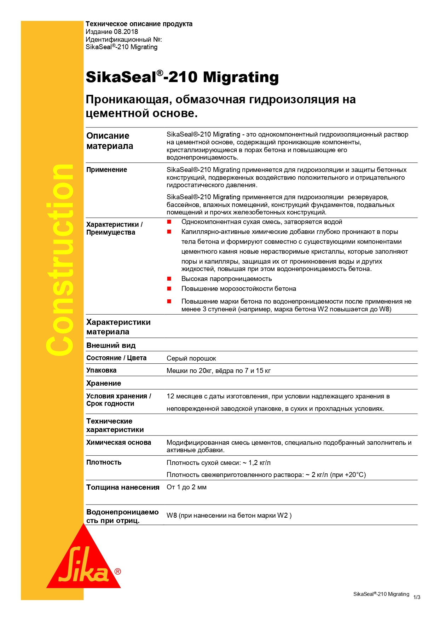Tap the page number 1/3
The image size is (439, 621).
tap(417, 597)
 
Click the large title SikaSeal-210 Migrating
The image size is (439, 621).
tap(182, 77)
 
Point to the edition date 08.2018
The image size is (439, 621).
tap(126, 31)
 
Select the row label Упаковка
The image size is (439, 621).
tap(102, 370)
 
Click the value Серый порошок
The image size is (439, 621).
tap(191, 358)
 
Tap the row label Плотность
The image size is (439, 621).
tap(104, 462)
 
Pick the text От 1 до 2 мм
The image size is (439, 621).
tap(186, 487)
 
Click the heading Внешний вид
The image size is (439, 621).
tap(111, 345)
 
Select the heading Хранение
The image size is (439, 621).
tap(104, 383)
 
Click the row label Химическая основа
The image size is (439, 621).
tap(119, 443)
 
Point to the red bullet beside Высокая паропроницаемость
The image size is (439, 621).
tap(169, 279)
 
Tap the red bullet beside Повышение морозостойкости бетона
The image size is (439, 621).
tap(169, 289)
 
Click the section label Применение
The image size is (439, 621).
tap(106, 170)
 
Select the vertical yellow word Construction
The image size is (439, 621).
tap(59, 260)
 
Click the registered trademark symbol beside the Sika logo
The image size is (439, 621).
tap(118, 571)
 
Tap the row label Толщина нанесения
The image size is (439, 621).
tap(123, 487)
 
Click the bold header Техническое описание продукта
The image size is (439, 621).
tap(139, 24)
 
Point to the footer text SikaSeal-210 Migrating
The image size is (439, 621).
tap(381, 594)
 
